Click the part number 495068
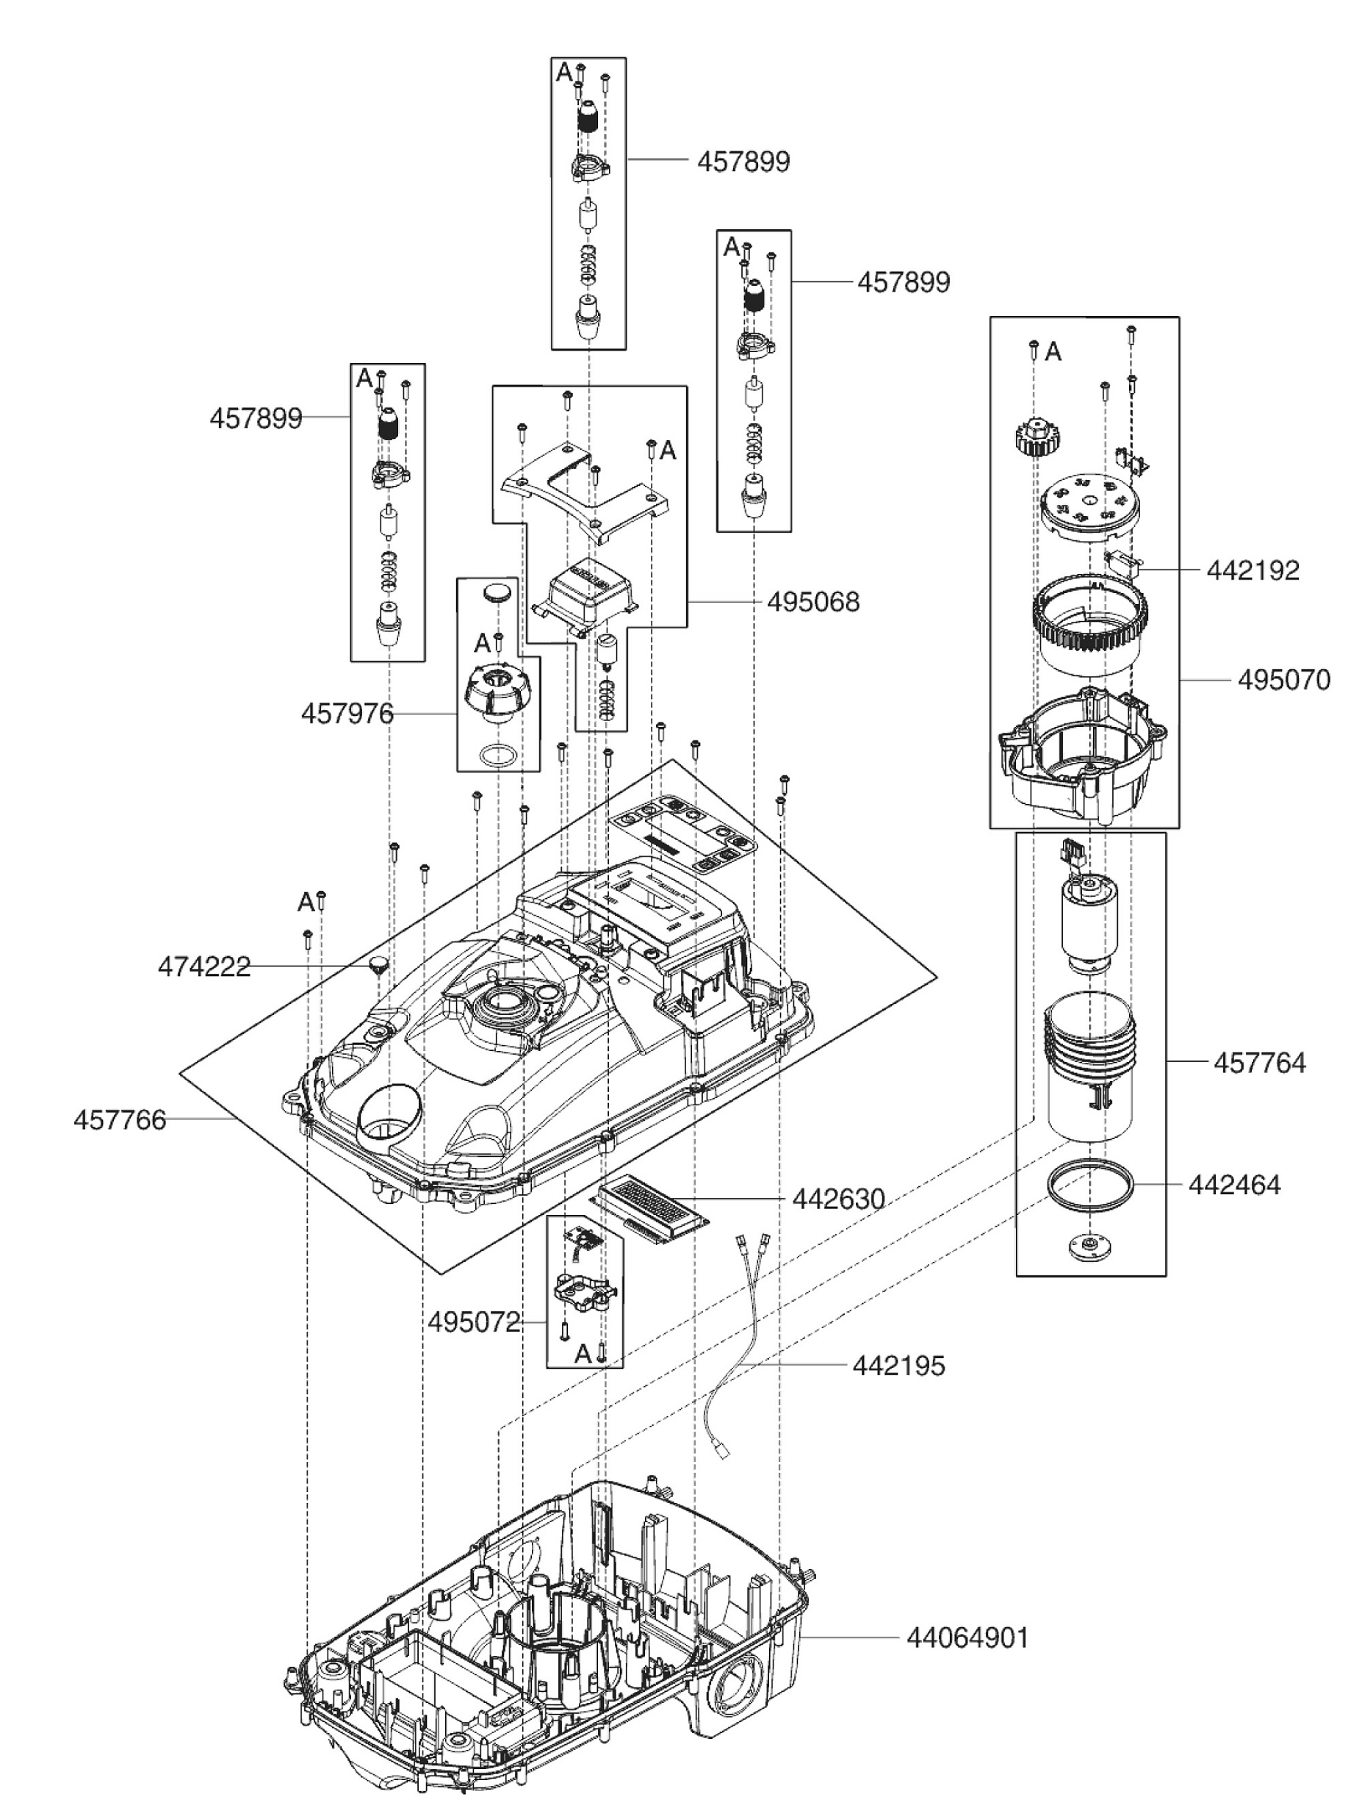(812, 603)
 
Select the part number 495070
(1283, 680)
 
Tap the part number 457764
(1260, 1063)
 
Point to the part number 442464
(1233, 1185)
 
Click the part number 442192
(1253, 570)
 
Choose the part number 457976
(347, 714)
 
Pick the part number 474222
(204, 967)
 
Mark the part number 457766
(120, 1120)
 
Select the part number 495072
(474, 1322)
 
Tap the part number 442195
(898, 1366)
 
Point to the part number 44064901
(967, 1638)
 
